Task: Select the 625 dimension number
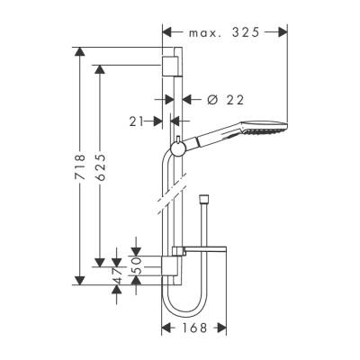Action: (x=101, y=164)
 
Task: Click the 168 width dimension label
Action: (x=191, y=328)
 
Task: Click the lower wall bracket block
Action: (x=174, y=264)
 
